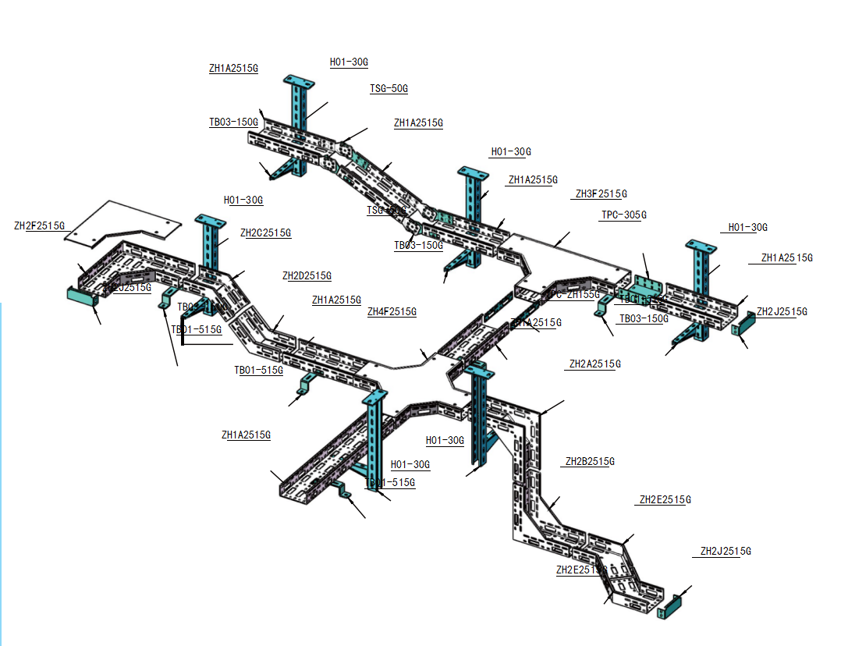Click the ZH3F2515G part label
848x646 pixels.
pyautogui.click(x=601, y=193)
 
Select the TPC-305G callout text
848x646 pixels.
pyautogui.click(x=623, y=215)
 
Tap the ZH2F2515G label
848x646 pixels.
pyautogui.click(x=39, y=226)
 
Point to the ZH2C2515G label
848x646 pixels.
pyautogui.click(x=265, y=232)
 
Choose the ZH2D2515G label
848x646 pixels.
pyautogui.click(x=307, y=275)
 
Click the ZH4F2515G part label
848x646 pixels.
pyautogui.click(x=392, y=312)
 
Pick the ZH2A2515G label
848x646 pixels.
pyautogui.click(x=594, y=364)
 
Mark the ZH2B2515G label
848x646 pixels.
pyautogui.click(x=589, y=461)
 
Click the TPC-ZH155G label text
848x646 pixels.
pyautogui.click(x=574, y=294)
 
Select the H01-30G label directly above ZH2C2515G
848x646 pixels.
pyautogui.click(x=243, y=201)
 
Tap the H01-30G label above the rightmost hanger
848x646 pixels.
pyautogui.click(x=747, y=227)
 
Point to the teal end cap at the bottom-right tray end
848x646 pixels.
pyautogui.click(x=672, y=606)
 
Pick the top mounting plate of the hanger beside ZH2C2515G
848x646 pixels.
pyautogui.click(x=210, y=219)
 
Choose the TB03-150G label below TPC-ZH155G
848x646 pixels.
pyautogui.click(x=644, y=318)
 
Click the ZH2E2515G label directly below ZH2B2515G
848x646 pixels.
pyautogui.click(x=665, y=499)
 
